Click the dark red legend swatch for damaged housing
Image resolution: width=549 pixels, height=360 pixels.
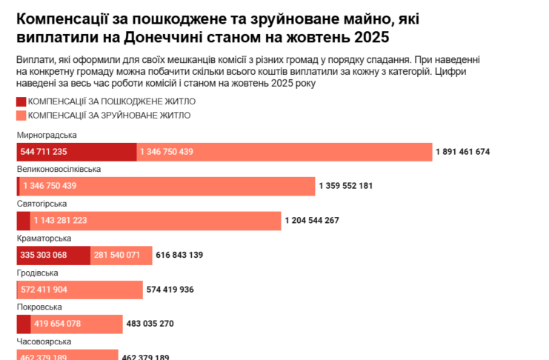pos(21,101)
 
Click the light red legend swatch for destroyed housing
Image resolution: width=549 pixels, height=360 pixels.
pos(21,115)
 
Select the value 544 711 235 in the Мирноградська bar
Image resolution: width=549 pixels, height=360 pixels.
pos(44,152)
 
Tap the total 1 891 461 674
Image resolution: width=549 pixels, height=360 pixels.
pos(463,152)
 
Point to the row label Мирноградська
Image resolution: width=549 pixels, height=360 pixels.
pos(47,136)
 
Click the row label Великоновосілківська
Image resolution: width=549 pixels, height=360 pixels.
pos(59,170)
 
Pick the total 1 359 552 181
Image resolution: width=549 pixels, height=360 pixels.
pos(345,186)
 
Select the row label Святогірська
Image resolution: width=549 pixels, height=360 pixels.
pos(42,204)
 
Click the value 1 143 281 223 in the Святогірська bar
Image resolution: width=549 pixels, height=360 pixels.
pos(60,220)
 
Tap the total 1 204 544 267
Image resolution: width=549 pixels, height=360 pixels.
pos(312,220)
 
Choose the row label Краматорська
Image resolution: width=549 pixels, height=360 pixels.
pos(44,238)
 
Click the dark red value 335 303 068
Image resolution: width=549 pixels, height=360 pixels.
pos(44,255)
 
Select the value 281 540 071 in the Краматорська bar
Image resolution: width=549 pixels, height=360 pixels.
pos(117,255)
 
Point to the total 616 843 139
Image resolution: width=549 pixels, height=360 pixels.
pos(179,255)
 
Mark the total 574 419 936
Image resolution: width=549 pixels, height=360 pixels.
pos(170,289)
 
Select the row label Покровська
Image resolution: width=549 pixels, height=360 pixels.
pos(39,307)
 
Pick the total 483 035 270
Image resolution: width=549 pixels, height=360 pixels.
pos(150,323)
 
